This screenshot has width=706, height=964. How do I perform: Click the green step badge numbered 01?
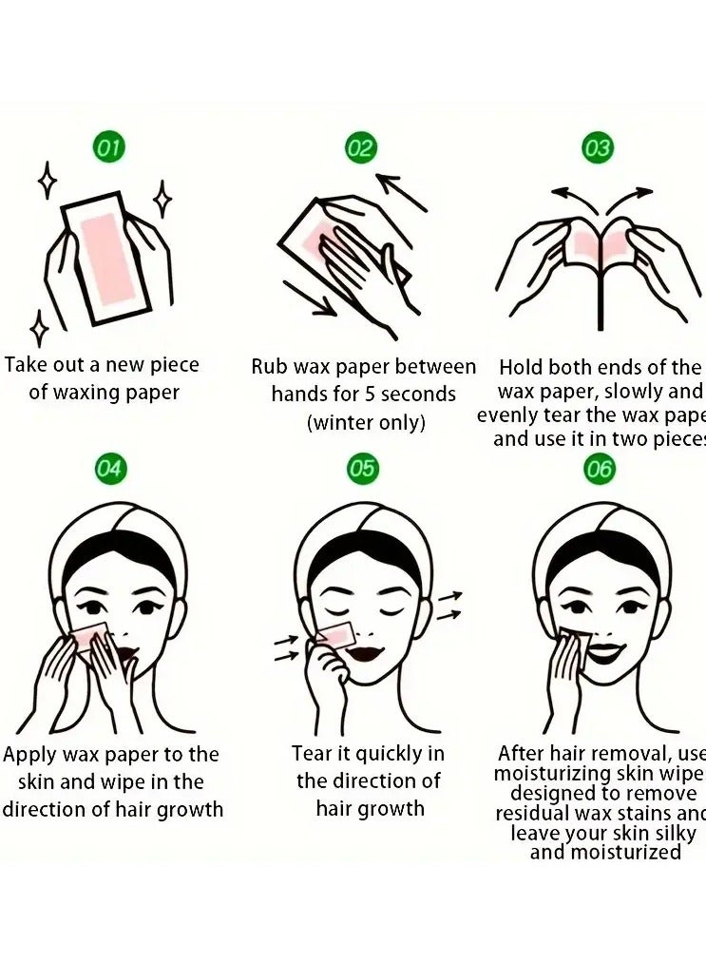point(109,147)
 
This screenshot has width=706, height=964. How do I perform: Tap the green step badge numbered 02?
point(360,147)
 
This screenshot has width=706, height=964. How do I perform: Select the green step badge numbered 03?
point(597,148)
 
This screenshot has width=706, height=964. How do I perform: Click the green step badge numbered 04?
point(109,468)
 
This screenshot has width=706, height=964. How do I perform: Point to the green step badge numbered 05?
point(361,468)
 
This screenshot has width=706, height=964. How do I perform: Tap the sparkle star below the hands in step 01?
point(40,329)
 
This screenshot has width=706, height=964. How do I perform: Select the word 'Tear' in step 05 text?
point(312,754)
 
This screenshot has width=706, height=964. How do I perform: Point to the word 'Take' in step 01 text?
point(27,365)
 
